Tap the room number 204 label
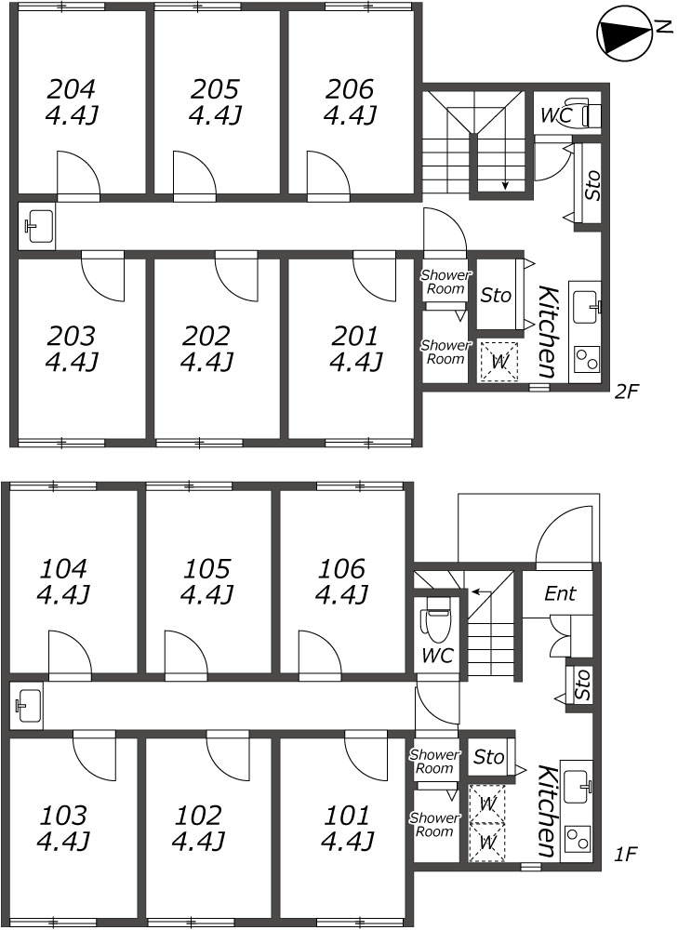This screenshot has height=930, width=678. [71, 89]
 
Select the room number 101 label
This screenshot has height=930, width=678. [347, 817]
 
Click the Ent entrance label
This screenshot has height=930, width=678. [560, 593]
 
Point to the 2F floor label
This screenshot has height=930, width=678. [627, 392]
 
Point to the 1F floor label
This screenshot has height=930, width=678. [625, 854]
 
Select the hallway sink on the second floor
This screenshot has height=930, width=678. [37, 225]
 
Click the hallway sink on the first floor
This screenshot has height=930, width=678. [27, 705]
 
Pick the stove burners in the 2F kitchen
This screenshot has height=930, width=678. [587, 359]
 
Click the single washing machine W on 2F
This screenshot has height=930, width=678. [499, 361]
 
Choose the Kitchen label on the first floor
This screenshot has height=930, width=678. [548, 811]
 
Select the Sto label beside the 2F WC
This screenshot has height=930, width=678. [592, 185]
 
